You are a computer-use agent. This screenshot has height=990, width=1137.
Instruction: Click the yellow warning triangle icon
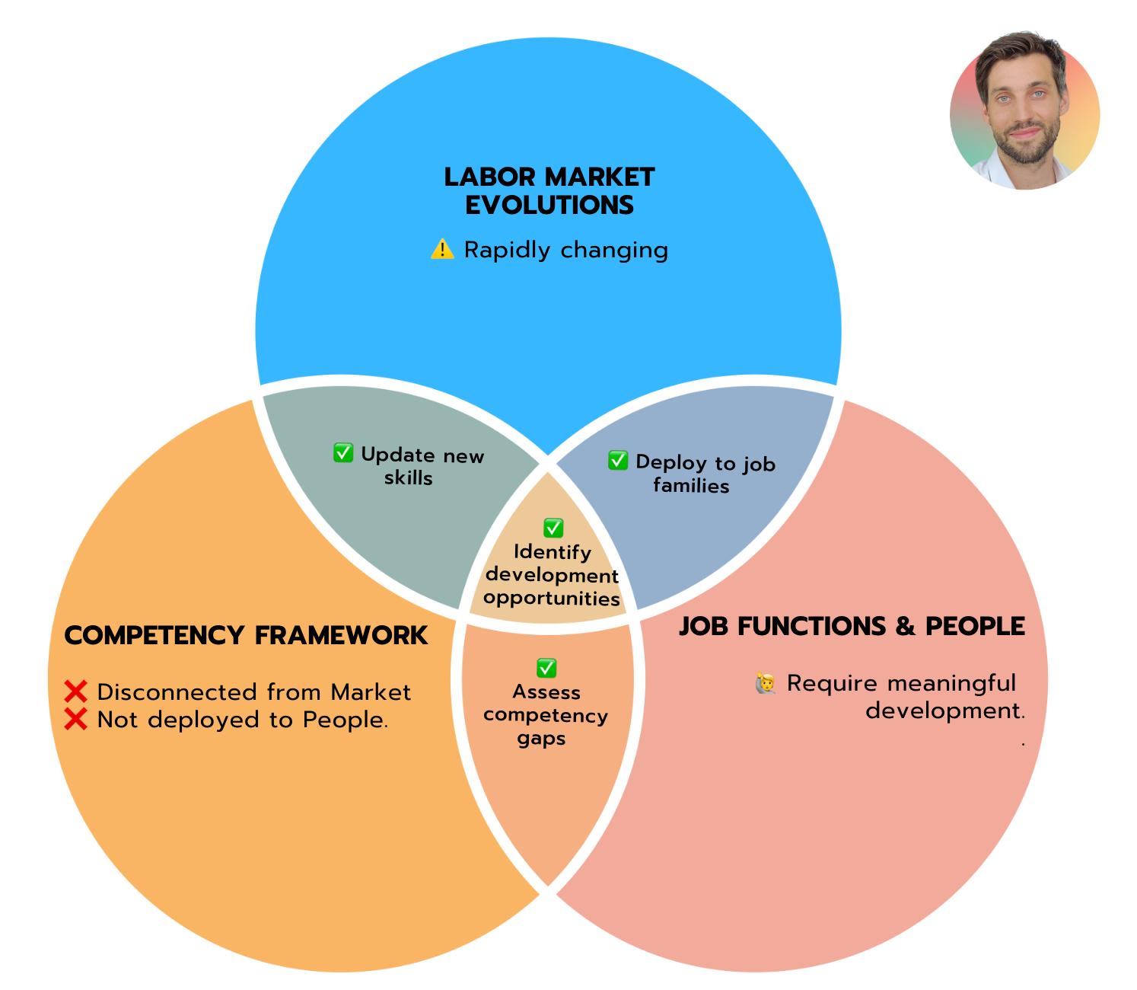click(x=442, y=249)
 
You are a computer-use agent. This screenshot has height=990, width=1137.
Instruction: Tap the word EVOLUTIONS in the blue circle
click(x=549, y=205)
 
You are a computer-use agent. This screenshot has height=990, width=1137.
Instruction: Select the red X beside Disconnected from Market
click(x=76, y=691)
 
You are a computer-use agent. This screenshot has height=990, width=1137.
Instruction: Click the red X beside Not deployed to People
click(x=76, y=719)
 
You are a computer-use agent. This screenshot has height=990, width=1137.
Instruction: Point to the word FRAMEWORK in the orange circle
click(x=342, y=635)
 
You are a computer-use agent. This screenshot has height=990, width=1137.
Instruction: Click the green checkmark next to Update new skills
click(x=343, y=453)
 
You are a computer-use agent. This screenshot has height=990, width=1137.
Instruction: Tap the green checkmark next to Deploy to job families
click(x=618, y=460)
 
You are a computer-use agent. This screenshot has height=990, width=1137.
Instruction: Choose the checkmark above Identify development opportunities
click(x=553, y=527)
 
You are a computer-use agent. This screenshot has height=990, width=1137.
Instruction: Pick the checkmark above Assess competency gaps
click(x=546, y=668)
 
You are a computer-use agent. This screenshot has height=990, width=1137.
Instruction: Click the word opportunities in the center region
click(x=551, y=599)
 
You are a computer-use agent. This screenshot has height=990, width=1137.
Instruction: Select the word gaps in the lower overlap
click(x=541, y=739)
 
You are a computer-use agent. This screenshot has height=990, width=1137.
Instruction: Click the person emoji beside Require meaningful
click(x=766, y=683)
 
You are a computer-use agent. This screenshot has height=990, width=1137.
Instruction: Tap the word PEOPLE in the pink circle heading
click(x=975, y=626)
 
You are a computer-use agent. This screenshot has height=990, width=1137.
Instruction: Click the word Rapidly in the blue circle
click(x=508, y=250)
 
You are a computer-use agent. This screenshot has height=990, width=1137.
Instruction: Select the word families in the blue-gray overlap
click(x=691, y=485)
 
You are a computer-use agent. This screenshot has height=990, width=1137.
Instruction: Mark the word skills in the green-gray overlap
click(x=408, y=477)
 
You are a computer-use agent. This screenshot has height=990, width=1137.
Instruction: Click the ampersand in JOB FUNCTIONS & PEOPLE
click(x=905, y=626)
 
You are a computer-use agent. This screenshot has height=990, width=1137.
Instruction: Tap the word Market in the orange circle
click(x=371, y=691)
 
